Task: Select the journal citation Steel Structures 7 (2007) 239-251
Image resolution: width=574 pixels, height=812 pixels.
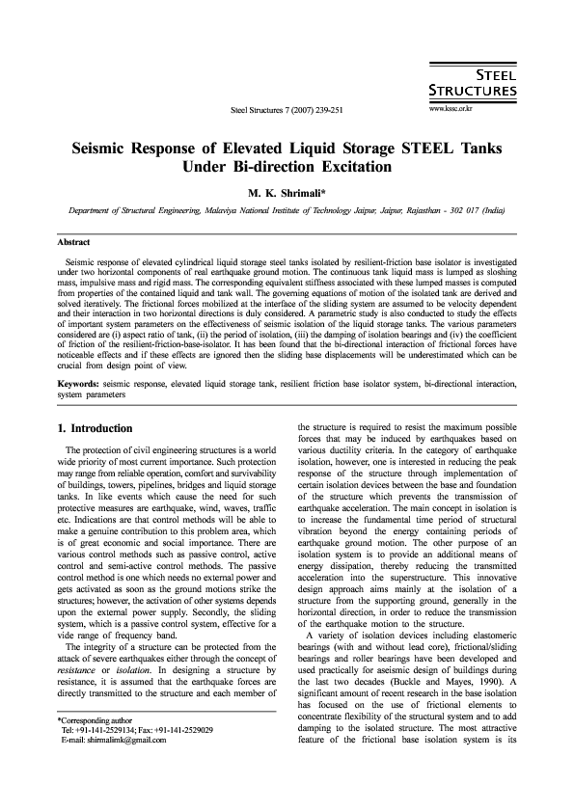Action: [x=287, y=110]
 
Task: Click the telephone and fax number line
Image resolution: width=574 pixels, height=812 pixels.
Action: [x=137, y=757]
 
